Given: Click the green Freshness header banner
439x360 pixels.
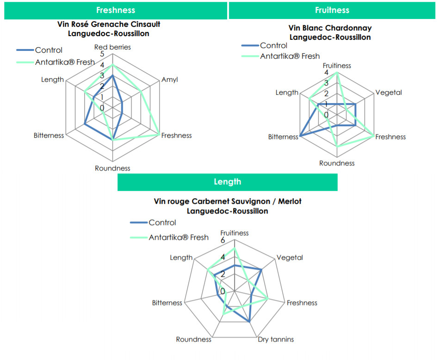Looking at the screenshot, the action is click(x=116, y=10).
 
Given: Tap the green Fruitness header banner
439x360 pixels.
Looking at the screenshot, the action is click(x=332, y=10).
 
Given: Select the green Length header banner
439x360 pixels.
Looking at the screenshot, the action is click(x=227, y=182).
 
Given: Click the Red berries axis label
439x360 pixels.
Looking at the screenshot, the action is click(x=112, y=47).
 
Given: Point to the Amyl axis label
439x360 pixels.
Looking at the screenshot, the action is click(x=170, y=80).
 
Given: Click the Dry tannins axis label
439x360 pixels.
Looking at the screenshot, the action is click(x=276, y=339).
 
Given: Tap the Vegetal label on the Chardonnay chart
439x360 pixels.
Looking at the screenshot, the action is click(x=389, y=92).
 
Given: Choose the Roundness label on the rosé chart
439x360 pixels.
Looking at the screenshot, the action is click(x=112, y=168).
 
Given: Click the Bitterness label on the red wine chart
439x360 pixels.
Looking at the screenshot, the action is click(x=167, y=303).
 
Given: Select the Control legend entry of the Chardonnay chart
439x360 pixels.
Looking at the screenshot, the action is click(x=265, y=45).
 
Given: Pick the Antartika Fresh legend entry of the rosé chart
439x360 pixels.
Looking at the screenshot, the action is click(x=56, y=62).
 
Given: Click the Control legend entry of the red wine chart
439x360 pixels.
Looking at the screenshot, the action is click(x=153, y=223).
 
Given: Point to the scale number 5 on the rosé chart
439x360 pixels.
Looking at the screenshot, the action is click(x=102, y=54).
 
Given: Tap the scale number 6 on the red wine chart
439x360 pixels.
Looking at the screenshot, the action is click(x=223, y=240).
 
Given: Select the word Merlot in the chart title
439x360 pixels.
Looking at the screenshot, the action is click(x=290, y=201).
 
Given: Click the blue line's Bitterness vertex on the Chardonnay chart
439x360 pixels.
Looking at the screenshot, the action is click(x=300, y=136).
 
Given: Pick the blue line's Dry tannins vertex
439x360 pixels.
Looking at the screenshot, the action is click(x=249, y=322).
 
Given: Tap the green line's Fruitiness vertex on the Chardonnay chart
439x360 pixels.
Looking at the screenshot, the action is click(x=337, y=73).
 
